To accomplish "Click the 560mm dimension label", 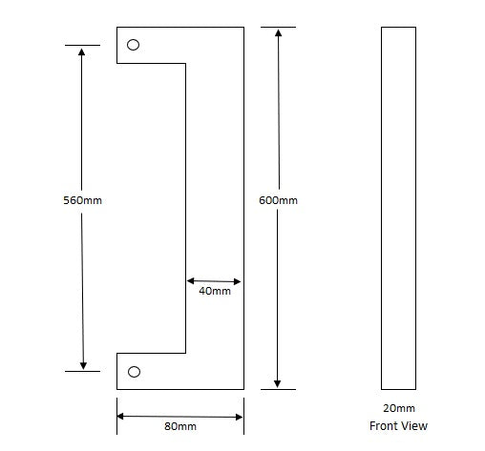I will (x=81, y=201).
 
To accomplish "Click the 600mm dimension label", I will (x=278, y=200).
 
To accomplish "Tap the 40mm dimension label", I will (x=214, y=292).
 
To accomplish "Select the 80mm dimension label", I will (x=179, y=426).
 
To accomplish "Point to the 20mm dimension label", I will (x=398, y=408).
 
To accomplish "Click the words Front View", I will (x=398, y=426).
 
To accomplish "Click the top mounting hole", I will (x=134, y=45).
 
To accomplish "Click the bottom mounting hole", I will (x=134, y=371).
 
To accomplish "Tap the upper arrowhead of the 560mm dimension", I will (x=83, y=51).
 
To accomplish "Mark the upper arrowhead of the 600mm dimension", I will (x=278, y=33).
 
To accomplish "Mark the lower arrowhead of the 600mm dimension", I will (x=278, y=383).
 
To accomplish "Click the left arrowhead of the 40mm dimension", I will (x=191, y=281).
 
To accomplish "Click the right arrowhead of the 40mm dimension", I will (x=238, y=281).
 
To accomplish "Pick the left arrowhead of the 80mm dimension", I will (x=122, y=416).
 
